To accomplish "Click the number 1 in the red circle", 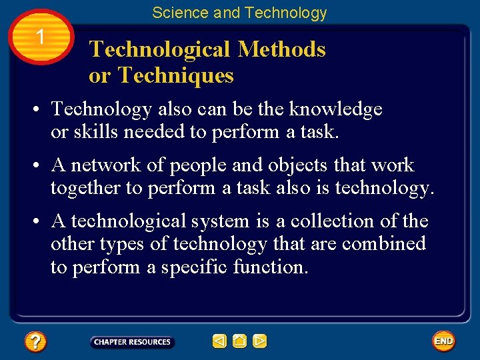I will coord(41,37).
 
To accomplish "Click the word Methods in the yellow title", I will coord(281,49).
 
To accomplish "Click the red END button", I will coord(443,341).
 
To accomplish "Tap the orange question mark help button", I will coord(35,342).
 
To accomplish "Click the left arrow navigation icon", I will coord(219,342).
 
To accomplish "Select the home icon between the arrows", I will coord(240,342).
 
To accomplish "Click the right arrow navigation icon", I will coord(260,342).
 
